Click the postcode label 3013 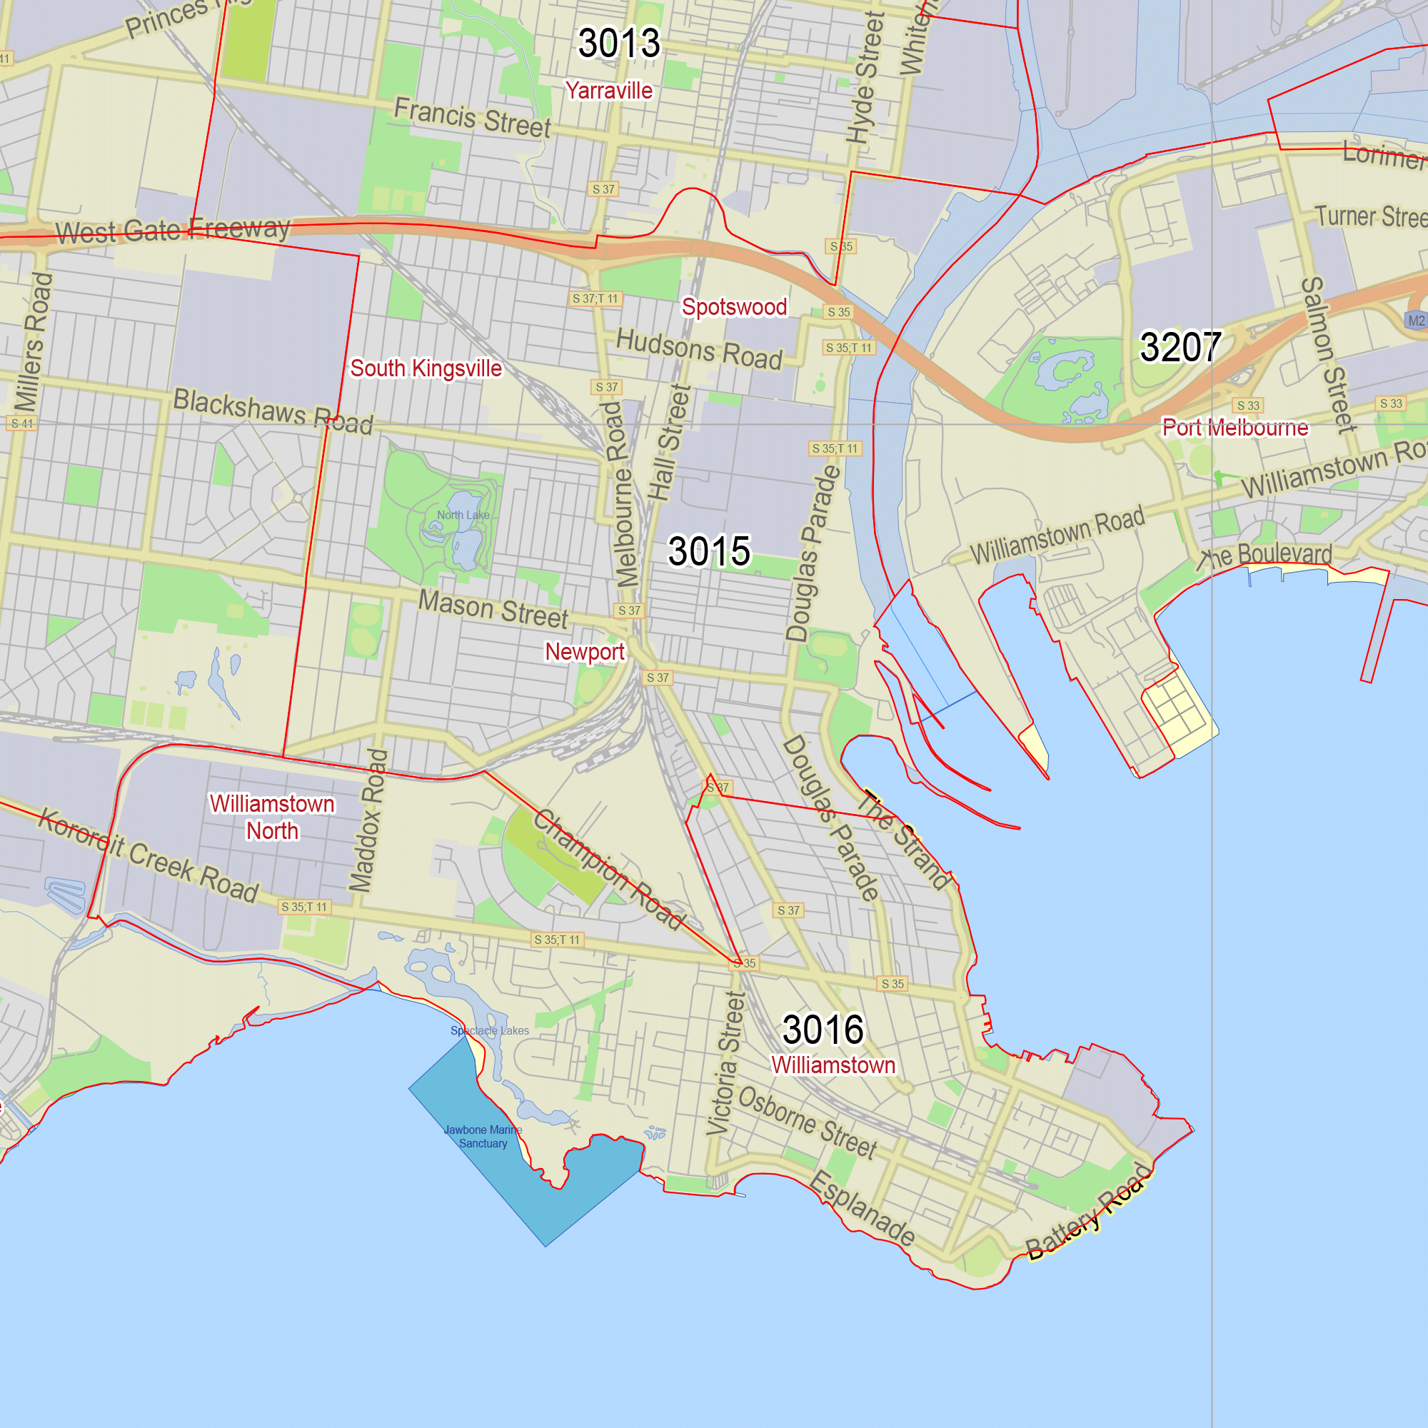tap(618, 43)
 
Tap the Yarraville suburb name tap(609, 91)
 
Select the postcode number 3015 tap(709, 551)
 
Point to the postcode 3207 tap(1180, 347)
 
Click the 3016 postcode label tap(823, 1030)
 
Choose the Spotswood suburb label tap(734, 307)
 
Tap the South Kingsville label tap(426, 368)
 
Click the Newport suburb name tap(585, 652)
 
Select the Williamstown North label tap(272, 818)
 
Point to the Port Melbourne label tap(1235, 427)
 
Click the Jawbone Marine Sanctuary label tap(483, 1137)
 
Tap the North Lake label tap(463, 516)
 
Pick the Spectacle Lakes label tap(489, 1030)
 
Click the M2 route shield tap(1415, 321)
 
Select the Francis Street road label tap(472, 118)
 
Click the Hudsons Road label tap(698, 349)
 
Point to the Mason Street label tap(493, 609)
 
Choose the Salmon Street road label tap(1328, 354)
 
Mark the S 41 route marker tap(21, 423)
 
